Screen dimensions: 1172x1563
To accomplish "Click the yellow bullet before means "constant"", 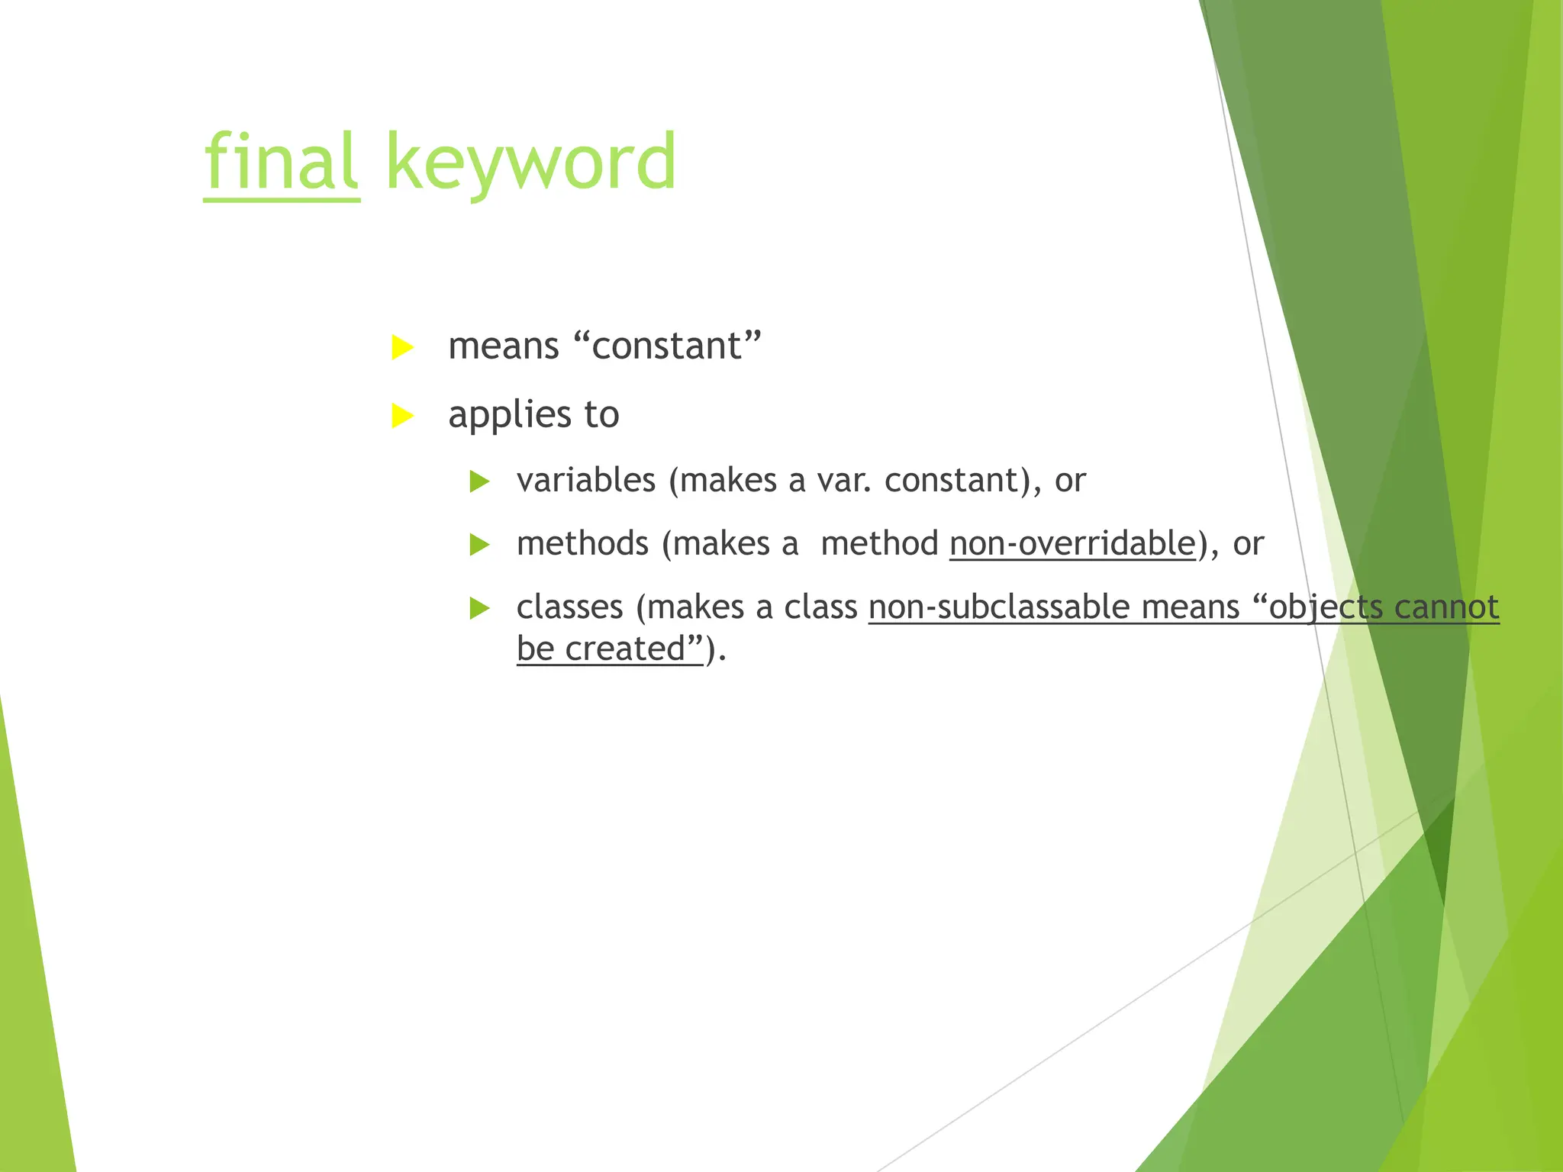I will pyautogui.click(x=401, y=347).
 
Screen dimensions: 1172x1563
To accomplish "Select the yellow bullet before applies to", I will pyautogui.click(x=401, y=416).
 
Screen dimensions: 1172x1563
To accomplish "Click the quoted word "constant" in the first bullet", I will pyautogui.click(x=667, y=346).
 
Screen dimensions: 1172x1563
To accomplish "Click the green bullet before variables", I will pyautogui.click(x=479, y=481).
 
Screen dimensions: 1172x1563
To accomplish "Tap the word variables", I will pyautogui.click(x=585, y=481).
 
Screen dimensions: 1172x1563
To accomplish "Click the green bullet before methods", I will pyautogui.click(x=479, y=545).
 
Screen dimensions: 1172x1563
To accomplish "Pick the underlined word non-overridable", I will pyautogui.click(x=1072, y=544).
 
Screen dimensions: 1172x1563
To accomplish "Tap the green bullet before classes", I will pyautogui.click(x=479, y=608).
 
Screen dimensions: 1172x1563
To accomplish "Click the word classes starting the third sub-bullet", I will pyautogui.click(x=569, y=607).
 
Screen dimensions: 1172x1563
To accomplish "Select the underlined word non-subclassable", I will pyautogui.click(x=1000, y=607).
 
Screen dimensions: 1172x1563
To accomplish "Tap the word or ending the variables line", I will pyautogui.click(x=1070, y=481).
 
